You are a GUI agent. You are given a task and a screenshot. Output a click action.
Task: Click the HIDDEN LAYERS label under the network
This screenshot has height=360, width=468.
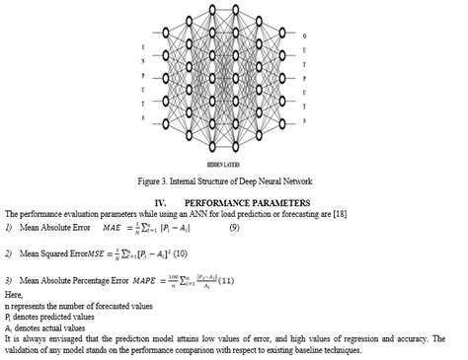point(234,164)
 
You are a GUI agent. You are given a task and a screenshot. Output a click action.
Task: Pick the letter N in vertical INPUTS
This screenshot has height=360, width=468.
point(37,59)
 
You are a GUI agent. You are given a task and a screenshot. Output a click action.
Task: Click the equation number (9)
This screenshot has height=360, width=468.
point(234,229)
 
